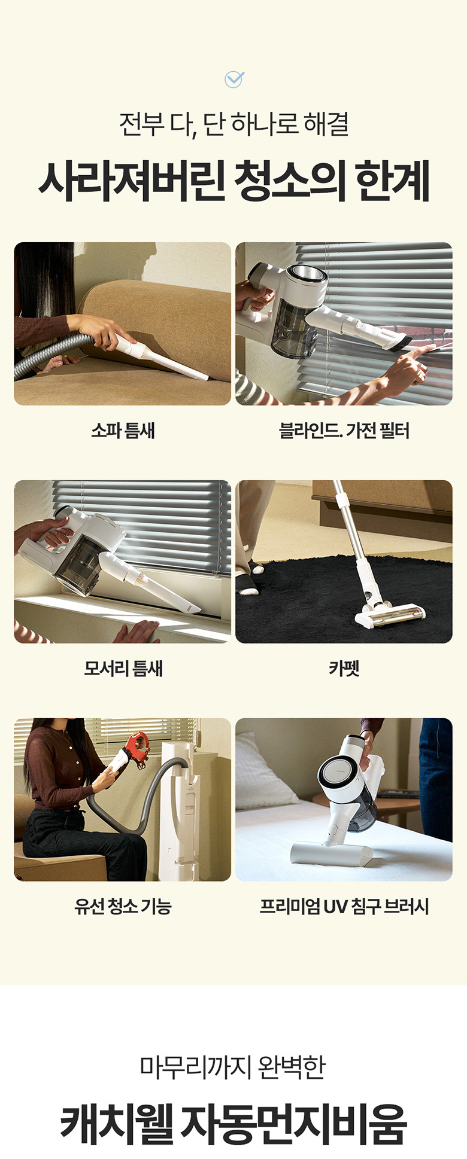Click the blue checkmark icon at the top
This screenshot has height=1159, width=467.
[233, 79]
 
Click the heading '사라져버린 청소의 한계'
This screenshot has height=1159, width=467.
[233, 181]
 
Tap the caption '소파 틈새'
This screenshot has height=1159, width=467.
[123, 431]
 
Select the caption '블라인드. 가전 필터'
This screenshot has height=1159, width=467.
[344, 431]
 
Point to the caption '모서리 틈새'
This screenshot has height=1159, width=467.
[123, 668]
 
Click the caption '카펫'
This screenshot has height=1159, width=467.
[344, 668]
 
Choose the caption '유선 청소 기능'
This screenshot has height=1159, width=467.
[123, 906]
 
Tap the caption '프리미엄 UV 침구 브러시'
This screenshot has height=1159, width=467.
[344, 906]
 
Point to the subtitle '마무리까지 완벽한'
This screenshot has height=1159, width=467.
[233, 1066]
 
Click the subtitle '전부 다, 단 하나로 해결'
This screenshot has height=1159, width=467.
[233, 124]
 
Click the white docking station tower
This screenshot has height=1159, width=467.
[182, 810]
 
